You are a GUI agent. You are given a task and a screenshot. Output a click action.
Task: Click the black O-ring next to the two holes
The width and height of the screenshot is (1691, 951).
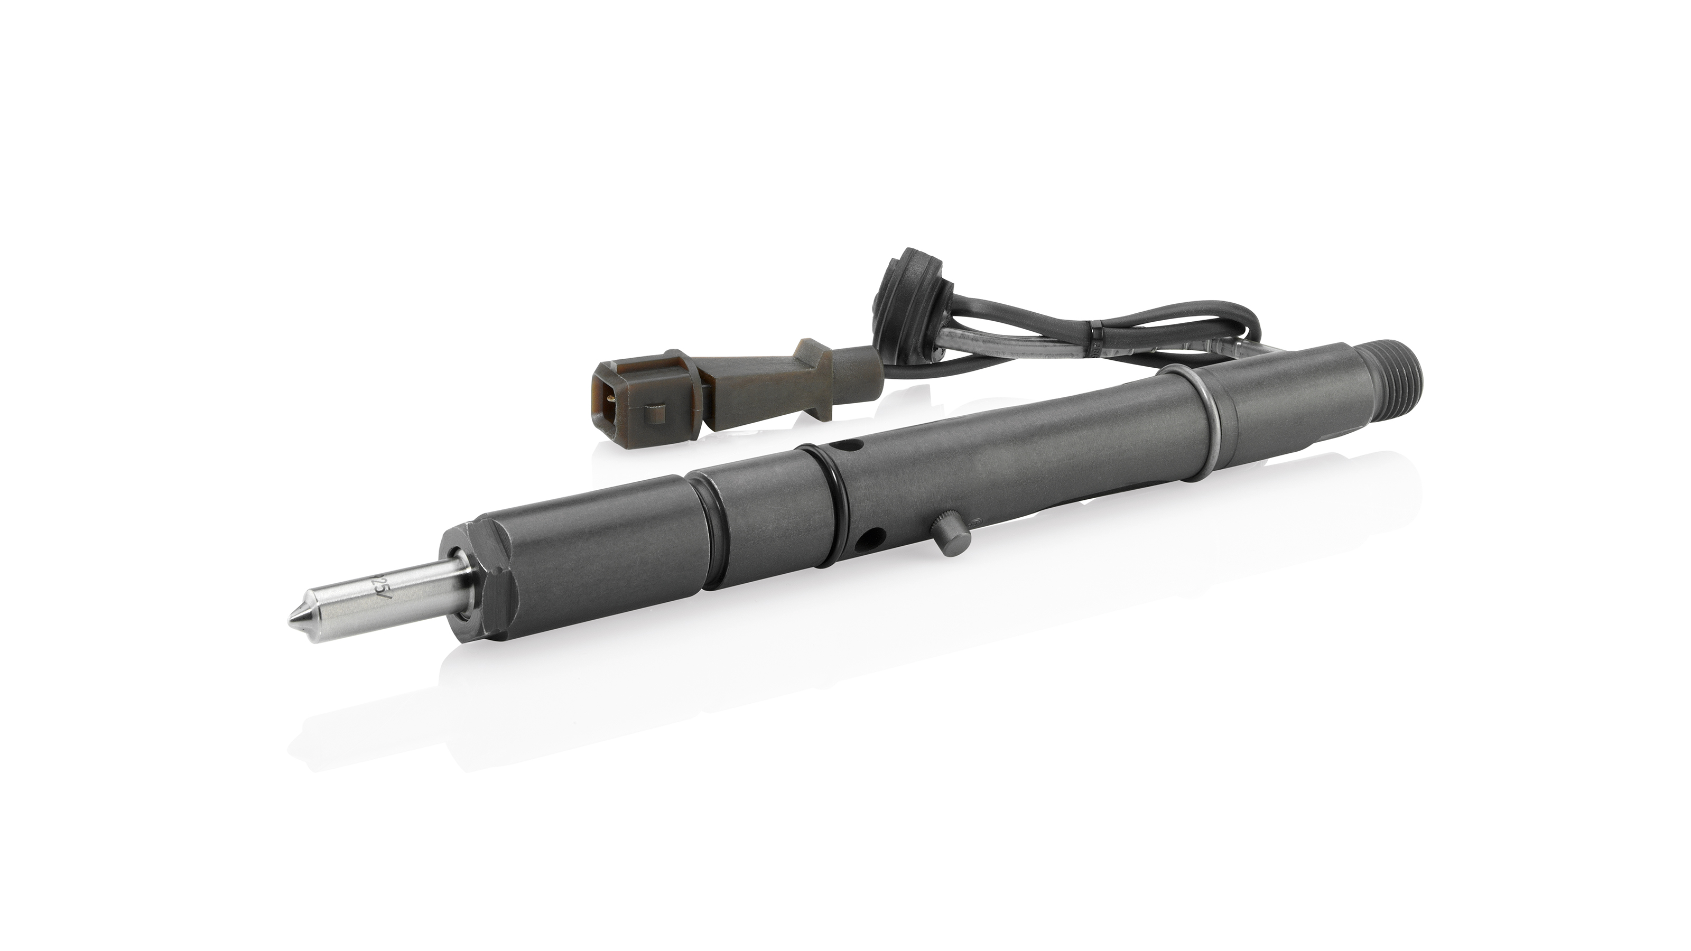[829, 509]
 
